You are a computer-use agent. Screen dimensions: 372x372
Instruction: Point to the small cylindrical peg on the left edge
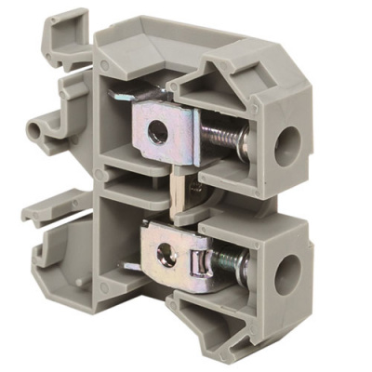coord(40,126)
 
